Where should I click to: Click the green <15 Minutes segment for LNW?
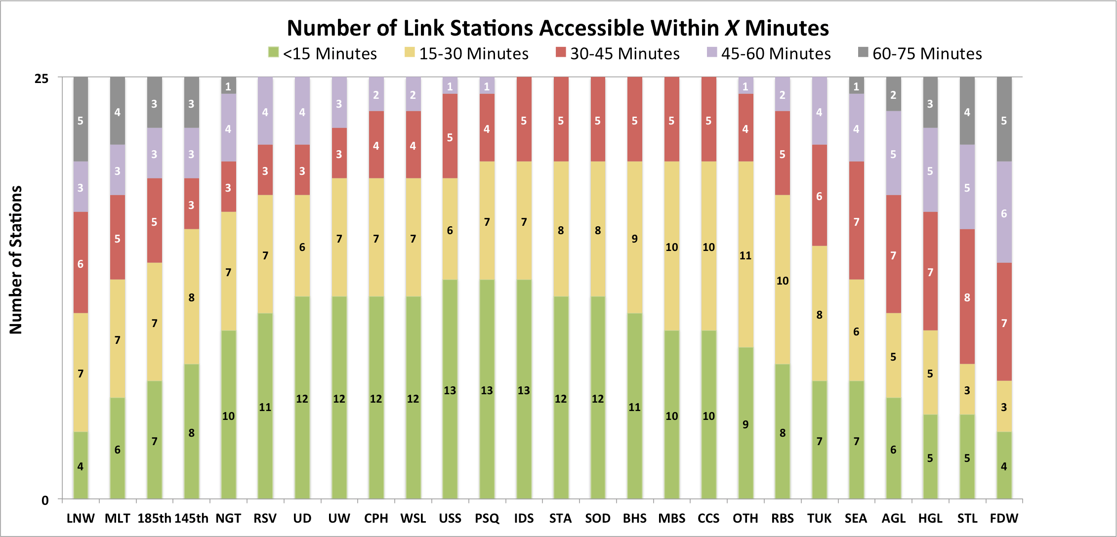(x=81, y=465)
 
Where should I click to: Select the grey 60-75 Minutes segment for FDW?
(x=1004, y=119)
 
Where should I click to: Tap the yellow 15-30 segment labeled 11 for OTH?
(x=745, y=254)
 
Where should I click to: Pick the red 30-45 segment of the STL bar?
(x=967, y=296)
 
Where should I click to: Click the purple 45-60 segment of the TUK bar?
(x=819, y=111)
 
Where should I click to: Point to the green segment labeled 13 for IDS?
(x=524, y=389)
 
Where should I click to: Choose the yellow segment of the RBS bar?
(x=783, y=280)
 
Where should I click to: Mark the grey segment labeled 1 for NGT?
(x=228, y=85)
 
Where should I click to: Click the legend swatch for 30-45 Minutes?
(x=560, y=52)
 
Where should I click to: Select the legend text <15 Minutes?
(x=330, y=53)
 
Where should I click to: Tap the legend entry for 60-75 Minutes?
(x=920, y=53)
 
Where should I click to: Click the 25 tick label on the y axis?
(x=41, y=79)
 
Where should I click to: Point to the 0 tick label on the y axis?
(x=45, y=500)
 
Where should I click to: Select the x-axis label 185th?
(x=154, y=518)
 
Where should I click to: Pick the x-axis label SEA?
(x=856, y=518)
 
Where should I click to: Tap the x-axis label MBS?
(x=671, y=518)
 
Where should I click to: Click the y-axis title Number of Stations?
(x=16, y=260)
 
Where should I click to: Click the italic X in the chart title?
(x=732, y=28)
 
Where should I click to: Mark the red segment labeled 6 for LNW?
(x=81, y=263)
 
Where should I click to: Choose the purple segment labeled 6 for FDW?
(x=1004, y=212)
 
